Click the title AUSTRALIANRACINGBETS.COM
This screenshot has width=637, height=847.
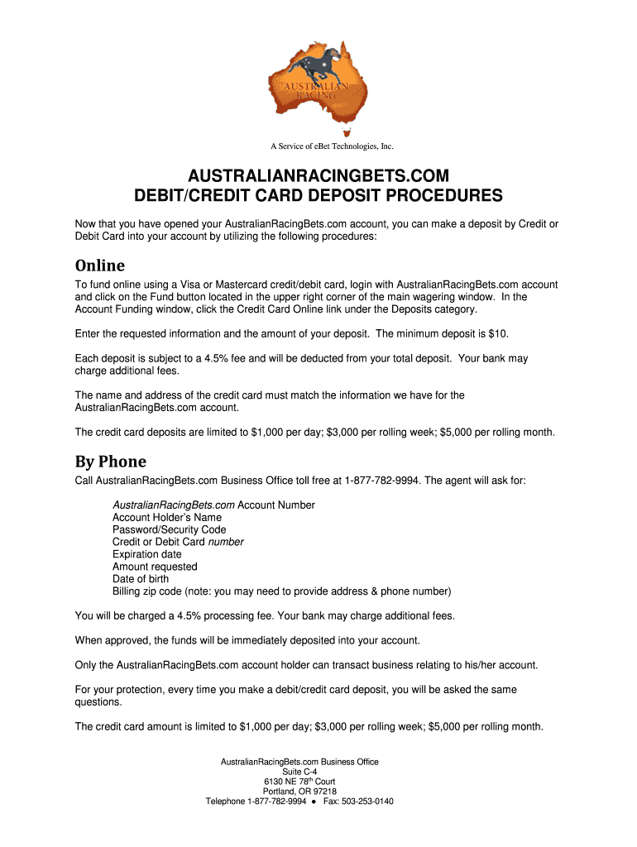pyautogui.click(x=318, y=177)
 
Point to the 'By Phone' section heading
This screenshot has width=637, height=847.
pyautogui.click(x=110, y=462)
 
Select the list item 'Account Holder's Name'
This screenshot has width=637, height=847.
pyautogui.click(x=167, y=517)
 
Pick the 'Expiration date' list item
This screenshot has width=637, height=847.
pyautogui.click(x=147, y=554)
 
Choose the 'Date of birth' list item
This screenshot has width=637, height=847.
pyautogui.click(x=141, y=579)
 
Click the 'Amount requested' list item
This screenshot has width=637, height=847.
pyautogui.click(x=155, y=567)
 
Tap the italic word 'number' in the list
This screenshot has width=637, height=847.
pyautogui.click(x=226, y=542)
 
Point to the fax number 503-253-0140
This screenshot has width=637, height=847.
pyautogui.click(x=370, y=801)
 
